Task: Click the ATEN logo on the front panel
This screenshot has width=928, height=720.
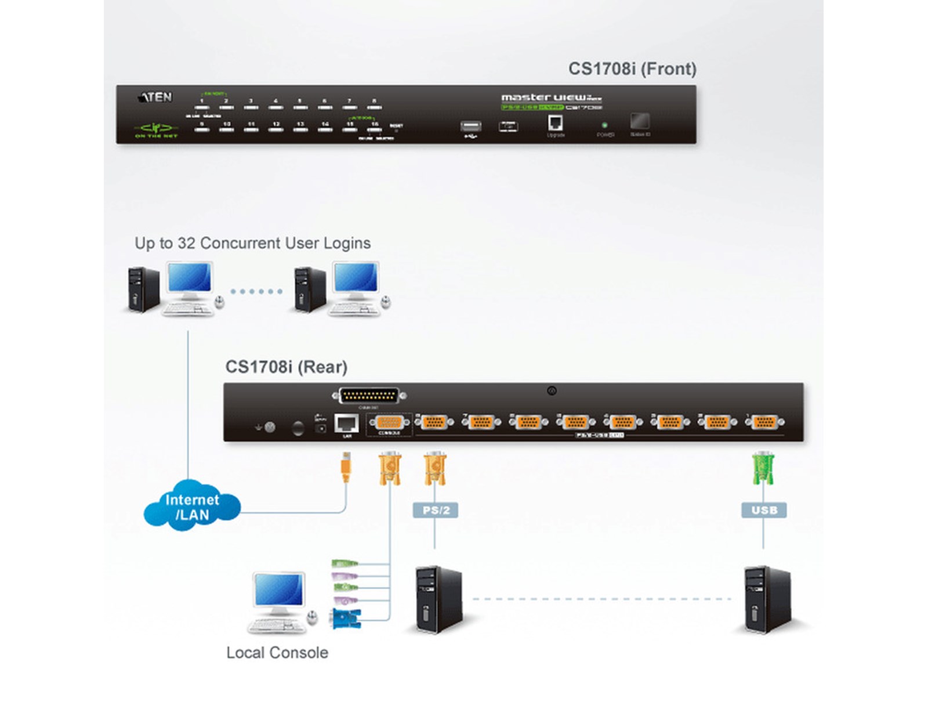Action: (155, 97)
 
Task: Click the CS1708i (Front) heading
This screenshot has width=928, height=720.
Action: (632, 69)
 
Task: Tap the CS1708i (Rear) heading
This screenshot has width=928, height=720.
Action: (286, 367)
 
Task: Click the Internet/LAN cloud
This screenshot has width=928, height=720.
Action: (192, 506)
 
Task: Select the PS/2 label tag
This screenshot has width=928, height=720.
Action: (436, 511)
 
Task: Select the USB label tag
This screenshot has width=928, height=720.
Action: (764, 511)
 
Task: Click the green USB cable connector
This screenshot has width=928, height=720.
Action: (763, 468)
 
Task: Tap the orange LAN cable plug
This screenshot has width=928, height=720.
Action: (346, 468)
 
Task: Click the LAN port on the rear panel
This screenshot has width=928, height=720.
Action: (347, 424)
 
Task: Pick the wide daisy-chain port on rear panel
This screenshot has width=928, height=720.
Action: (369, 396)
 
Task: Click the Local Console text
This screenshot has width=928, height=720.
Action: (277, 653)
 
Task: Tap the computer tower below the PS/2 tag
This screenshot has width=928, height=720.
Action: (438, 600)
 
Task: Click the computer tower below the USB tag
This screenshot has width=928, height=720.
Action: (767, 600)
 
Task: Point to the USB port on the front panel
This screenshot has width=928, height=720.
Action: (470, 126)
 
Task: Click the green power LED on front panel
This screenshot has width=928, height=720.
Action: (604, 125)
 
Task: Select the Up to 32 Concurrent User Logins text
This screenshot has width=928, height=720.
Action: (252, 243)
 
